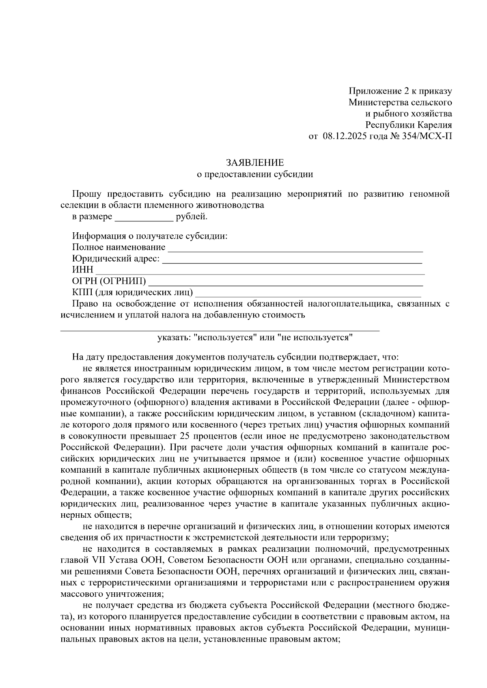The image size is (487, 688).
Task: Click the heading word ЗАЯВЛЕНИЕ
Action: pyautogui.click(x=255, y=163)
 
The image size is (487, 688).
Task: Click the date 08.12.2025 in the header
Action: pyautogui.click(x=345, y=137)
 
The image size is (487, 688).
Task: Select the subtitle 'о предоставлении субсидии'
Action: pyautogui.click(x=255, y=175)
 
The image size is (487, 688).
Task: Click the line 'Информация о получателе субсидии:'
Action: pyautogui.click(x=150, y=236)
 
